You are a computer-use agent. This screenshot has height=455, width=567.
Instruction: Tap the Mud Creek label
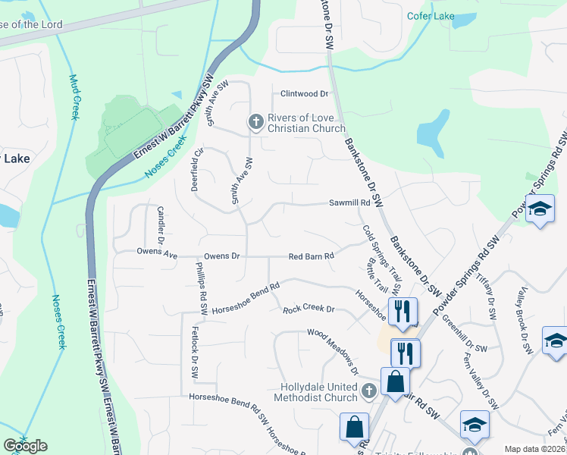[74, 97]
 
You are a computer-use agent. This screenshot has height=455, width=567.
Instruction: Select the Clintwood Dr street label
[304, 94]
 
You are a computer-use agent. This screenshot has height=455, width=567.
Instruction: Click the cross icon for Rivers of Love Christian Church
[256, 121]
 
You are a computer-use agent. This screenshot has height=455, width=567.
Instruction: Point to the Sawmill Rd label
[349, 203]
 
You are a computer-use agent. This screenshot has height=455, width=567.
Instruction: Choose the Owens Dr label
[224, 256]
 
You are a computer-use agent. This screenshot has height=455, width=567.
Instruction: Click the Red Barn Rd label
[312, 256]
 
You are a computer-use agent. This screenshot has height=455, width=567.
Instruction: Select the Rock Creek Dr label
[309, 309]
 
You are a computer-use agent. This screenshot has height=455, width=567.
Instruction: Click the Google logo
[25, 446]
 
